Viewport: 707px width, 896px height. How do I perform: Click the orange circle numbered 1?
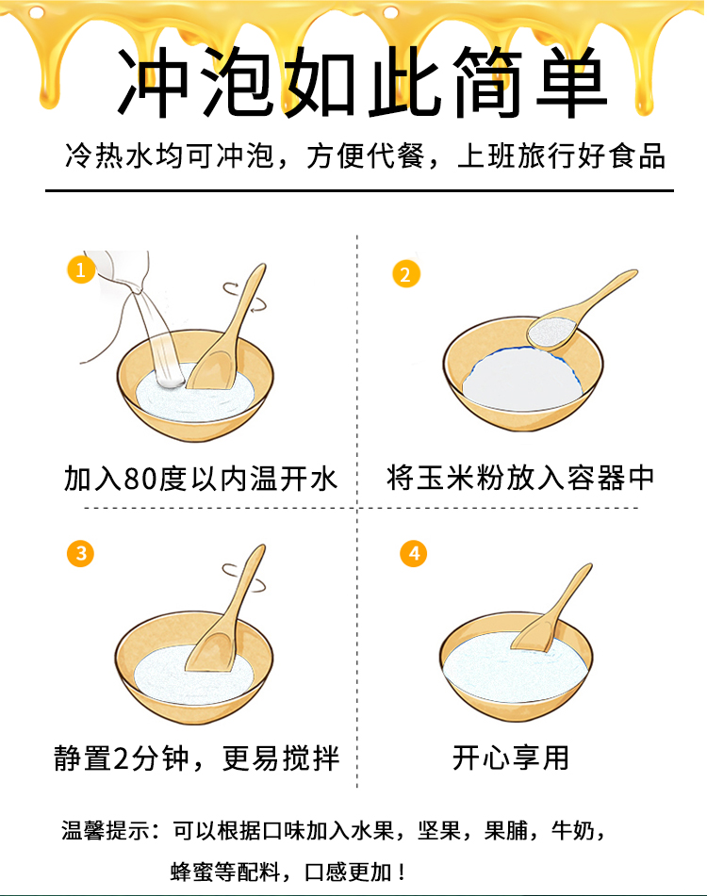[x=80, y=269]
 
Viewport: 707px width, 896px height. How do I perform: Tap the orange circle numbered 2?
[x=405, y=274]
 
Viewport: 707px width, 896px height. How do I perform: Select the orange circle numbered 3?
[x=80, y=553]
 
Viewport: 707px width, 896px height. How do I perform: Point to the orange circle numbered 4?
[x=414, y=553]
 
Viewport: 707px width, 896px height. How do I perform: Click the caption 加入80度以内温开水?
[x=201, y=479]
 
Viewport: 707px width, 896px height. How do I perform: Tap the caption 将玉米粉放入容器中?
[x=520, y=478]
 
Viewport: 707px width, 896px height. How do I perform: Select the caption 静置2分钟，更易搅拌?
[x=197, y=758]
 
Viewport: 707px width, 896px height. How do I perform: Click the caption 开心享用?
[x=510, y=758]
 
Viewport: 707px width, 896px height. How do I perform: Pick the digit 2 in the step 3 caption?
[x=122, y=758]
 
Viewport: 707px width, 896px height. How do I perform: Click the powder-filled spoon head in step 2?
[x=551, y=332]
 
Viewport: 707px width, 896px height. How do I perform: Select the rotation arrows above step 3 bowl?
[x=244, y=578]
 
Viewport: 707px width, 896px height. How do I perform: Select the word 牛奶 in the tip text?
[x=573, y=830]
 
